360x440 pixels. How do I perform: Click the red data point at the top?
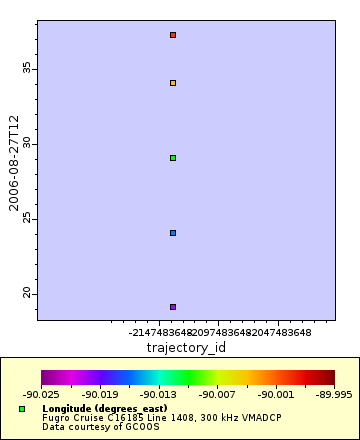(x=173, y=35)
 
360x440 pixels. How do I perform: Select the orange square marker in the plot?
(x=173, y=83)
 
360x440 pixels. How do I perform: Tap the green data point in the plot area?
(x=173, y=158)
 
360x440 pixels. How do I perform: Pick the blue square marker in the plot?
(x=173, y=233)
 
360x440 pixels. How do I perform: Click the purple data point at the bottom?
(x=173, y=307)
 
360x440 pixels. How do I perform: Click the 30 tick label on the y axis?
(x=28, y=143)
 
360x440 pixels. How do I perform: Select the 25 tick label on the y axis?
(x=28, y=218)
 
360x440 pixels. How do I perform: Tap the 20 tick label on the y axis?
(x=28, y=293)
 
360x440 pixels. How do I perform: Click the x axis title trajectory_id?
(x=186, y=347)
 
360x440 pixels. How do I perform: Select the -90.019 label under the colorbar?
(x=100, y=394)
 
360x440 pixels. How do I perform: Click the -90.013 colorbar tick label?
(x=159, y=394)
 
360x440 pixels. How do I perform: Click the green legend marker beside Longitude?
(x=22, y=409)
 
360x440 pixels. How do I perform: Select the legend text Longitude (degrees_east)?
(x=97, y=409)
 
